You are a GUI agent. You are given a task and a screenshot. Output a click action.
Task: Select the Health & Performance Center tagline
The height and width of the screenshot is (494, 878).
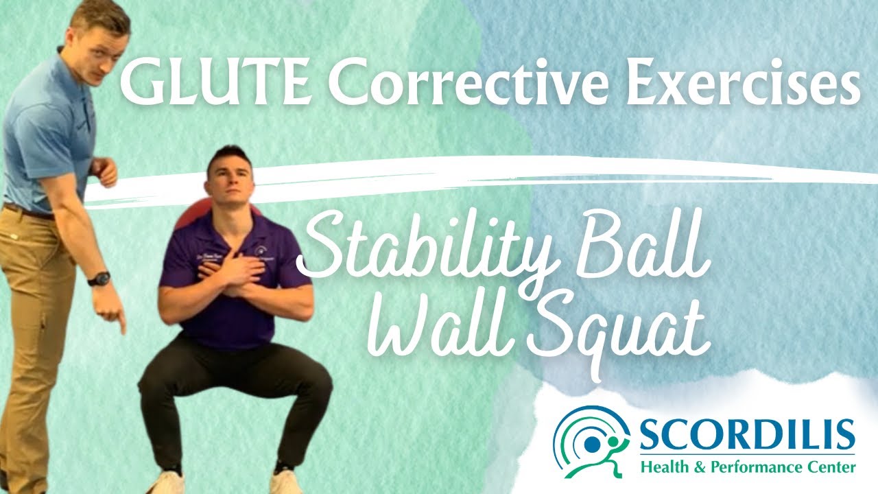point(748,468)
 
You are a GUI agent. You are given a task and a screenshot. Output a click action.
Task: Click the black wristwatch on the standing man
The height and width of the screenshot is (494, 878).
point(99,279)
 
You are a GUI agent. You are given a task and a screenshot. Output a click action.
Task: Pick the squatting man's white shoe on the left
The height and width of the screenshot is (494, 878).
point(167,482)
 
